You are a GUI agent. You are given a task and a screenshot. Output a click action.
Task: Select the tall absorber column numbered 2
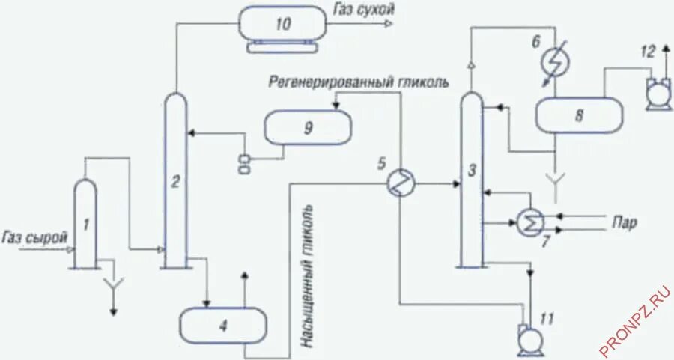(174, 180)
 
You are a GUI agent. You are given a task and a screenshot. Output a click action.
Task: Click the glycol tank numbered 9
(307, 128)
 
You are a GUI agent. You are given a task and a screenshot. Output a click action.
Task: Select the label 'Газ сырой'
(35, 237)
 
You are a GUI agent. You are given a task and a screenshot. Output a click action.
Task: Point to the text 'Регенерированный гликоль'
(360, 82)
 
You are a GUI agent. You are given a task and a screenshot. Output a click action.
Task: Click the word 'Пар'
(624, 222)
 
